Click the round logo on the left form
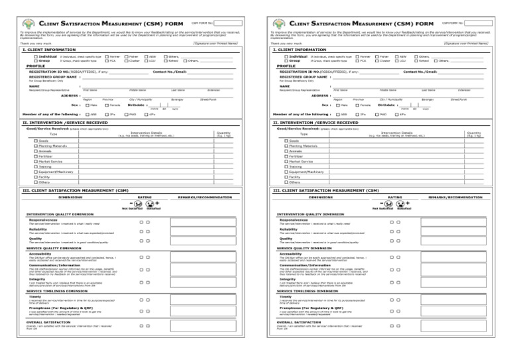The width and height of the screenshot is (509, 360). coord(30,24)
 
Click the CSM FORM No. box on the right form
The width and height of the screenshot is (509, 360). coord(483,23)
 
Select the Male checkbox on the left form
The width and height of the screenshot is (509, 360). coord(85,104)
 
